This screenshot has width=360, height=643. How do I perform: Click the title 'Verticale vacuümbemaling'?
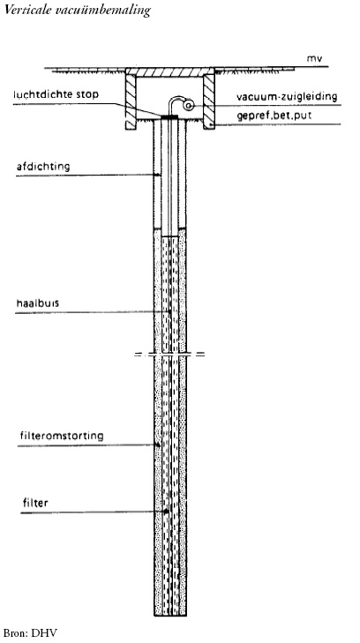(x=77, y=11)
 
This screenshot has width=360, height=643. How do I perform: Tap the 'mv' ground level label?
(x=313, y=58)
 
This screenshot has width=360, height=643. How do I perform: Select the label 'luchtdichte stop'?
(x=56, y=94)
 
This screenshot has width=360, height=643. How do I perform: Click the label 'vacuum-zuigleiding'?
(x=287, y=97)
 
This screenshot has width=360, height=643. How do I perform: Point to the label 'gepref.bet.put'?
(x=274, y=116)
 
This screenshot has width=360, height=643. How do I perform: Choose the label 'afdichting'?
(x=43, y=167)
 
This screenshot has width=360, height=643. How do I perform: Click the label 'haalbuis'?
(x=37, y=304)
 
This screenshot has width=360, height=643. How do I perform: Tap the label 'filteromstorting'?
(x=62, y=436)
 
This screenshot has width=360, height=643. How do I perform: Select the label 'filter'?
(x=34, y=503)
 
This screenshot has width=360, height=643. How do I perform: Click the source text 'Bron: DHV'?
(x=28, y=633)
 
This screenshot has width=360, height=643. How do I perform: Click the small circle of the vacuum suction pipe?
(x=189, y=106)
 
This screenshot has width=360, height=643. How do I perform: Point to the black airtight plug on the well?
(x=169, y=117)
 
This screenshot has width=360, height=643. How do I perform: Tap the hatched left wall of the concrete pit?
(x=131, y=101)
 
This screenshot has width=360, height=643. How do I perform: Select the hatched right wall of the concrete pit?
(x=209, y=101)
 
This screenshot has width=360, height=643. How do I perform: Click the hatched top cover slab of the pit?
(x=170, y=71)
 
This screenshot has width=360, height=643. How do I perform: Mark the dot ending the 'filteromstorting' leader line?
(x=157, y=445)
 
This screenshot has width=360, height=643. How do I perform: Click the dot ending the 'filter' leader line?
(x=166, y=512)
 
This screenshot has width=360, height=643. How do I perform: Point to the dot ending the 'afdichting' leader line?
(x=159, y=176)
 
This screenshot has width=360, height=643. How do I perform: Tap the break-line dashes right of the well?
(x=199, y=354)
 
